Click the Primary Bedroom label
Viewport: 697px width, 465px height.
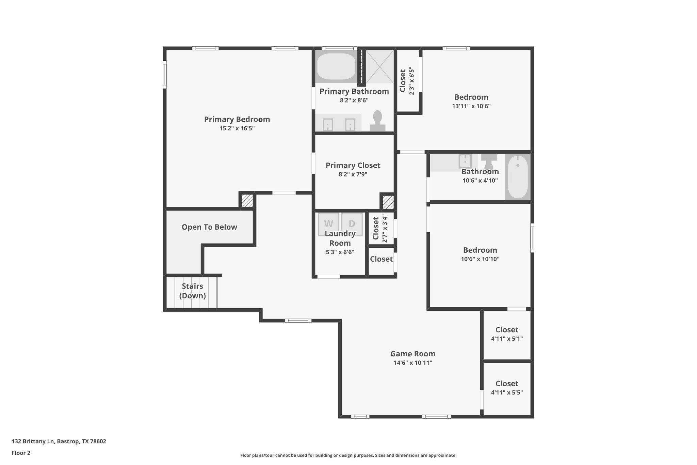click(x=237, y=120)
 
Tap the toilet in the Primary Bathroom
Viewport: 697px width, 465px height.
click(x=377, y=121)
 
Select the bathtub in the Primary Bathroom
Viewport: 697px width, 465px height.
click(x=336, y=66)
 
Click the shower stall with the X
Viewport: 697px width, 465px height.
click(x=379, y=66)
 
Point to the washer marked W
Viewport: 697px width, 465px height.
click(x=328, y=224)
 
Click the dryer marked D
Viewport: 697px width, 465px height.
click(x=352, y=224)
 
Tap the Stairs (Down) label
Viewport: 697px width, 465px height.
click(x=192, y=291)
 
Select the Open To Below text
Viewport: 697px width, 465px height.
click(x=209, y=227)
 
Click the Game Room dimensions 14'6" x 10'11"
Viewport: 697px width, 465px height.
click(x=413, y=363)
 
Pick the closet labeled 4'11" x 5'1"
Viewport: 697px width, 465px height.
click(x=507, y=334)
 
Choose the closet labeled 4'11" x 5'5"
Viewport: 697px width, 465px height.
click(x=507, y=388)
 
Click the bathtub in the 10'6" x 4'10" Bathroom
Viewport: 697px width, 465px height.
click(x=518, y=177)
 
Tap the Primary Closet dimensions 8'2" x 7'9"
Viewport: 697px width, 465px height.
click(x=353, y=174)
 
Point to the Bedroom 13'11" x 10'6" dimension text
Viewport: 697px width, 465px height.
click(x=471, y=106)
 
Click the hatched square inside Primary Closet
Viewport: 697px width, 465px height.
click(x=388, y=202)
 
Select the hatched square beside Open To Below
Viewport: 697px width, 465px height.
click(x=247, y=201)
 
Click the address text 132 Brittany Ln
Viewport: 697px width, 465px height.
click(x=59, y=441)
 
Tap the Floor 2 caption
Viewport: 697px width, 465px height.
click(x=21, y=453)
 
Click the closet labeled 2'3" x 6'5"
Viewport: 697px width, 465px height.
click(x=407, y=82)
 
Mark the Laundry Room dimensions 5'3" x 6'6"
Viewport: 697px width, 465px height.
click(x=340, y=252)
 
